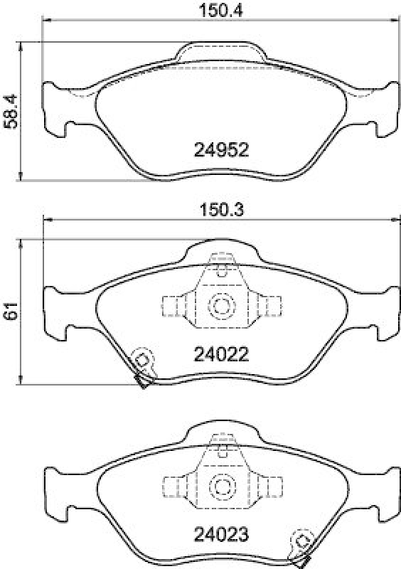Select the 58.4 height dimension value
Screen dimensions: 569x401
(x=10, y=111)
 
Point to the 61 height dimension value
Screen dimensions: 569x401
(x=10, y=311)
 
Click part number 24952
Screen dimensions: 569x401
(x=221, y=150)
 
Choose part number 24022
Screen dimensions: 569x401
(x=221, y=353)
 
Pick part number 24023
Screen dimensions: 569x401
(x=221, y=533)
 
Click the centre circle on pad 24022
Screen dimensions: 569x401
(x=221, y=307)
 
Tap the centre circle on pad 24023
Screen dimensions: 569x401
(x=221, y=487)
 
